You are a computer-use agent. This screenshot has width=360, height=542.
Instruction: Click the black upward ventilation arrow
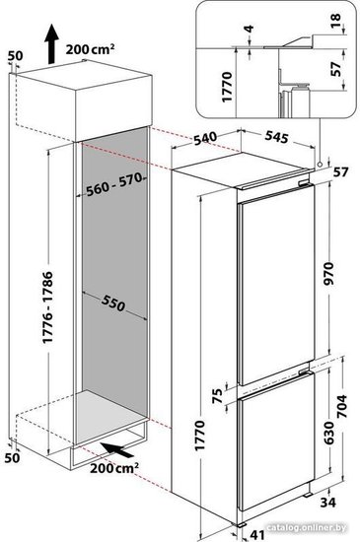(51, 44)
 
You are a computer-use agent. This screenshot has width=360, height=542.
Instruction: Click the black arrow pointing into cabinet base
(117, 449)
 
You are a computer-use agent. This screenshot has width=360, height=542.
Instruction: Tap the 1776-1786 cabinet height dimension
(47, 307)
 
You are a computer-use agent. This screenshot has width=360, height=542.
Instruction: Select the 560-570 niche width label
(114, 184)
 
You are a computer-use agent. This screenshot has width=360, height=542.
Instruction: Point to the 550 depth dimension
(113, 304)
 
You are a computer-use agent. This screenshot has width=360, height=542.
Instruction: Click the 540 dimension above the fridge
(205, 139)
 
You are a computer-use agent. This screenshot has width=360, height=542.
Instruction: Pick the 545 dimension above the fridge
(276, 137)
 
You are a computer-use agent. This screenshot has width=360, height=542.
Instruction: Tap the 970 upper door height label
(328, 273)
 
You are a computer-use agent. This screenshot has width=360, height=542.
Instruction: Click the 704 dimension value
(341, 406)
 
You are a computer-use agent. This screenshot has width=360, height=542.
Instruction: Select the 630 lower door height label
(328, 433)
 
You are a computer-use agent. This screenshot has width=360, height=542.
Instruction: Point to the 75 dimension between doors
(217, 396)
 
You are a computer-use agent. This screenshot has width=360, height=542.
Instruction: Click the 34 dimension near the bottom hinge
(327, 502)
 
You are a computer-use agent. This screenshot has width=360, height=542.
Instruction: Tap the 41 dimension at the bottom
(257, 535)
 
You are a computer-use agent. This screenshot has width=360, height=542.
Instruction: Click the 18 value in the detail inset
(335, 22)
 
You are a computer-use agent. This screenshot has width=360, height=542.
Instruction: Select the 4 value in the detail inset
(249, 29)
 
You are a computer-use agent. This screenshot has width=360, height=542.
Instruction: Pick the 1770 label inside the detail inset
(227, 87)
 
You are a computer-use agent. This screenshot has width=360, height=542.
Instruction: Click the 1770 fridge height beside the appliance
(200, 436)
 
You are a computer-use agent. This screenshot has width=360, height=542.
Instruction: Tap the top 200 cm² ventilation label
(91, 49)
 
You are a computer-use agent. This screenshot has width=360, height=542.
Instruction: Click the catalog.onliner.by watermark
(307, 527)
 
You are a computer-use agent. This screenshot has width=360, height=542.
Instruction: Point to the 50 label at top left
(15, 55)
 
